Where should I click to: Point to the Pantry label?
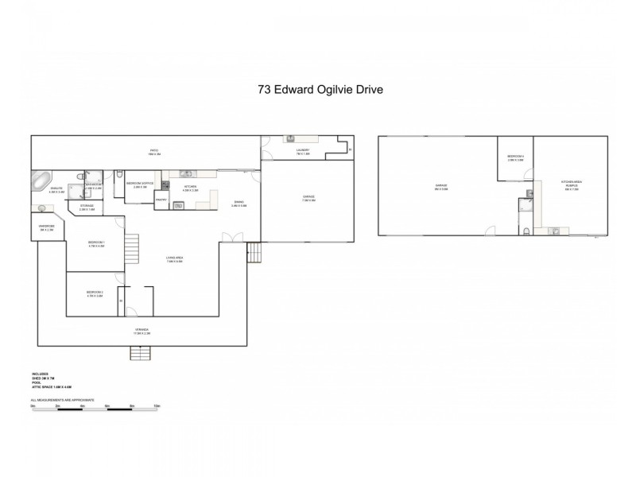coord(160,200)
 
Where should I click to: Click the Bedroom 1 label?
coord(96,243)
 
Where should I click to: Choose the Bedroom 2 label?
coord(95,295)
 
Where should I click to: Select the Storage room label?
coord(87,208)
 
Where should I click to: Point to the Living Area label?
coord(175,259)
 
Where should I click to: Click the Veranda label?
coord(142,332)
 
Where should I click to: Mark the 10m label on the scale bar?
coord(157,405)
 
